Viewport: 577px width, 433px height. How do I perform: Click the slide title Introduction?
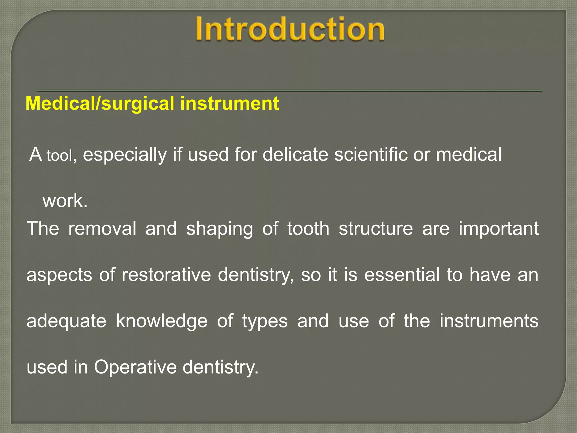290,29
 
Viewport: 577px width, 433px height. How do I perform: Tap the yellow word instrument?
230,103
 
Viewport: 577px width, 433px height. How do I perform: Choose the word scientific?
371,154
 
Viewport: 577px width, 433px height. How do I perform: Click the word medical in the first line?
469,154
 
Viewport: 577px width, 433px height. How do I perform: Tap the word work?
65,201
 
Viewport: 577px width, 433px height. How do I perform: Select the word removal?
102,228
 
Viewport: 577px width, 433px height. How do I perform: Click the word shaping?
219,229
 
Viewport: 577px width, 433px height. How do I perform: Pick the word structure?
376,228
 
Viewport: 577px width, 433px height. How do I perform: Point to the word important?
499,229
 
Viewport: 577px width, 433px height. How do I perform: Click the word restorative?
166,275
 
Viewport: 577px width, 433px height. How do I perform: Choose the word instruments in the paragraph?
489,321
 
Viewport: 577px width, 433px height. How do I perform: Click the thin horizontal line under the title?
290,90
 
